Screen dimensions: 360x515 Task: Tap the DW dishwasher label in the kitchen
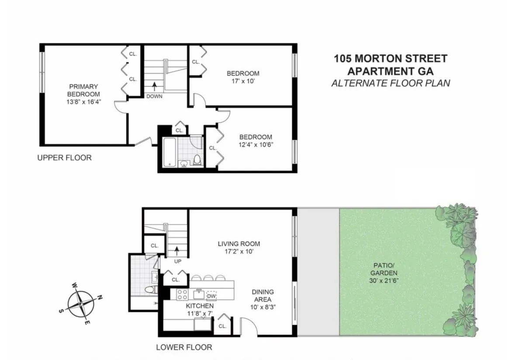point(211,295)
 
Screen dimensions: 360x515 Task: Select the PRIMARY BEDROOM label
point(83,90)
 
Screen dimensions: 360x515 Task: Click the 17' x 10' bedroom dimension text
point(242,81)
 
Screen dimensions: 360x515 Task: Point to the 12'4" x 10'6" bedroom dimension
point(255,145)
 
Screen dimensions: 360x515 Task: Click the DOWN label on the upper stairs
point(154,96)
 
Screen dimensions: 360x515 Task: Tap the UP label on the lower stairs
point(177,261)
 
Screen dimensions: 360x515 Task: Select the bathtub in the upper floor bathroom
point(169,152)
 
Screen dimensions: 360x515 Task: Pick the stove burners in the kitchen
point(182,295)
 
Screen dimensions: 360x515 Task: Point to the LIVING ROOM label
point(239,244)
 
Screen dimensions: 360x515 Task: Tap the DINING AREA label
point(263,296)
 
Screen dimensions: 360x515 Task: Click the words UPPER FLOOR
point(64,158)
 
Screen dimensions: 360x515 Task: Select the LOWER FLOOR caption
point(184,347)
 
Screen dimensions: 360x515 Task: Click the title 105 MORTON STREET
point(390,58)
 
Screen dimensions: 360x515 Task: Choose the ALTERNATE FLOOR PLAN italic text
point(390,83)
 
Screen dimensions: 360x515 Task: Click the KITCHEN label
point(200,306)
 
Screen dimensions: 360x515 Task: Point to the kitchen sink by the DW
point(199,294)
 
